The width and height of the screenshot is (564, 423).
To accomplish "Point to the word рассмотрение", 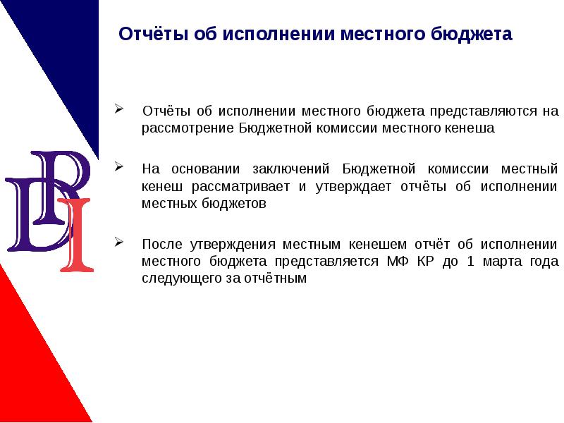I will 187,129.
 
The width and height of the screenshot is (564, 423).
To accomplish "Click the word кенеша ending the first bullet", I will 473,129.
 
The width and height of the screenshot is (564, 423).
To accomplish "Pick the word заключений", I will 290,168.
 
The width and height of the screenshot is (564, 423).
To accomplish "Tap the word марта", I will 513,262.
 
